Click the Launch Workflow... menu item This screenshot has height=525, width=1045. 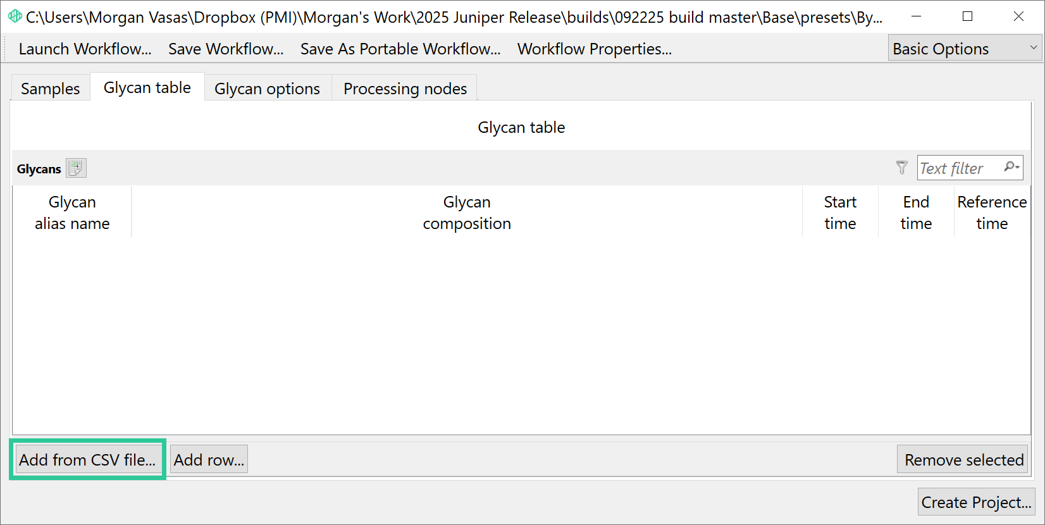click(x=85, y=49)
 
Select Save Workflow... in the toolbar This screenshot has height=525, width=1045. click(x=226, y=49)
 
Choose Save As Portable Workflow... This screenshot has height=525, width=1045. click(x=400, y=49)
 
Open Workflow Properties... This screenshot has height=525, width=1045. click(x=595, y=49)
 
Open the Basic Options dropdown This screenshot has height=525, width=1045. click(x=965, y=48)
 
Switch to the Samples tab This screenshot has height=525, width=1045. click(x=51, y=88)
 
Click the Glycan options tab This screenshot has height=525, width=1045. click(x=268, y=88)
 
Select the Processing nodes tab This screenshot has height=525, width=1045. click(x=405, y=88)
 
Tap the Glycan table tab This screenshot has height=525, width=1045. click(x=147, y=87)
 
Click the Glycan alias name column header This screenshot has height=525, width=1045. click(x=72, y=213)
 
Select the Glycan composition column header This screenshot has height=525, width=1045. click(x=467, y=213)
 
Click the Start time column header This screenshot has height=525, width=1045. click(x=840, y=213)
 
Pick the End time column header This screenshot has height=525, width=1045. click(x=916, y=213)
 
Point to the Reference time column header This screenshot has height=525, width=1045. click(x=992, y=213)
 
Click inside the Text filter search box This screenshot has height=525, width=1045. click(x=959, y=168)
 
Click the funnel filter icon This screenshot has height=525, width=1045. click(x=902, y=168)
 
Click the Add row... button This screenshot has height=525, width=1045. click(x=209, y=460)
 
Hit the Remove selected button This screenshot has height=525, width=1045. click(x=964, y=460)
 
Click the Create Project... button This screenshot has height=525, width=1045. click(x=976, y=502)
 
